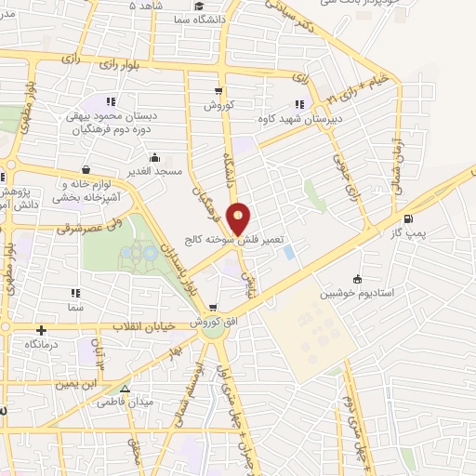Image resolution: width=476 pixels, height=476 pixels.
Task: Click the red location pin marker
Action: [239, 218]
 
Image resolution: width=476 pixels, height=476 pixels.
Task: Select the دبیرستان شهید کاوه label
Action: [300, 119]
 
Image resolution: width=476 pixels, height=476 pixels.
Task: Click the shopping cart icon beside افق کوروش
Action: [213, 308]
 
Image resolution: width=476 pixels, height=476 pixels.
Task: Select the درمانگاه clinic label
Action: [42, 344]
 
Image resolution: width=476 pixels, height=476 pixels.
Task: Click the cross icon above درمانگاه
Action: [41, 329]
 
